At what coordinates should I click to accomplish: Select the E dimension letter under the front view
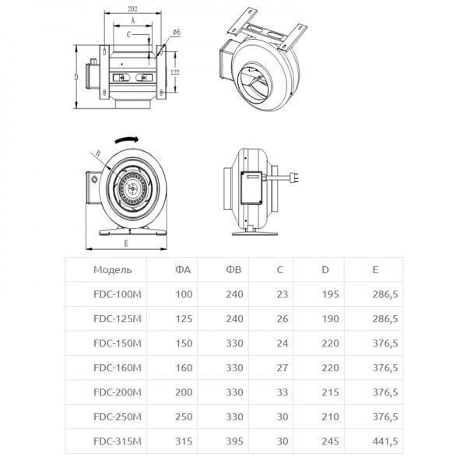125,242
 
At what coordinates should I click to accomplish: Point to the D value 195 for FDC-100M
331,294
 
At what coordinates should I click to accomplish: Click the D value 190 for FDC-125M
331,318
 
